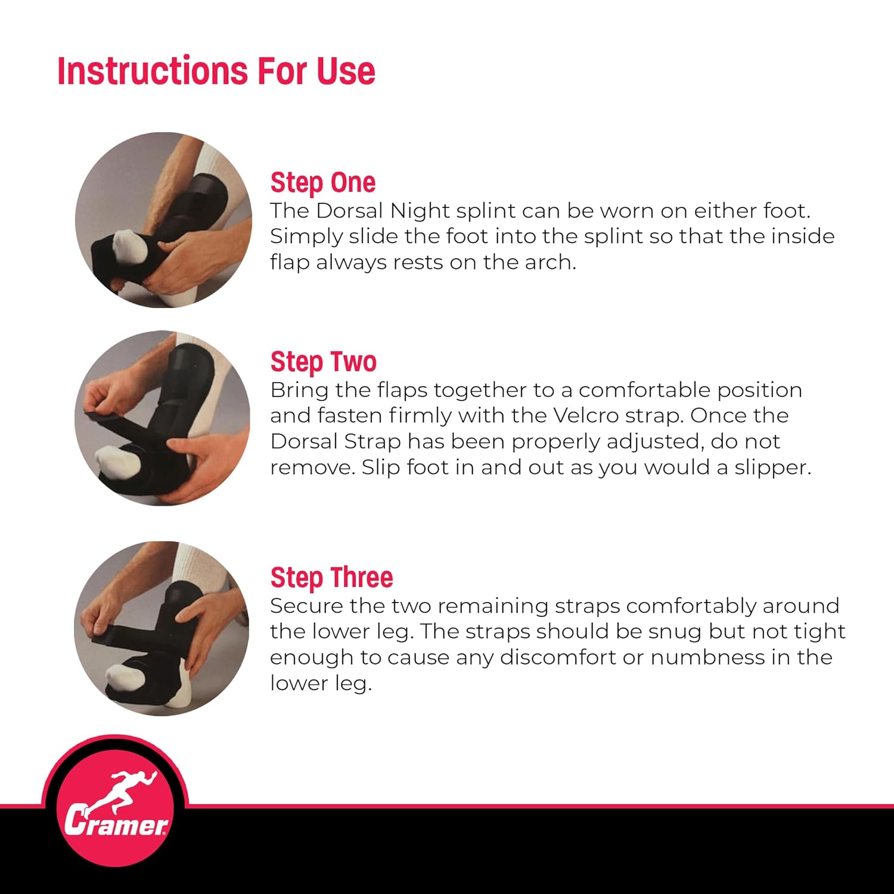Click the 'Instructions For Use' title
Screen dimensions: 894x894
pos(216,71)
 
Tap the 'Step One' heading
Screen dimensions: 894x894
pos(322,182)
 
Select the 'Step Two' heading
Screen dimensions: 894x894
pos(323,362)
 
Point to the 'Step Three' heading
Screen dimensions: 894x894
pos(331,578)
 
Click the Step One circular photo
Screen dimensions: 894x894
pos(163,220)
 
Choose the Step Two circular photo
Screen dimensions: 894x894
pos(162,418)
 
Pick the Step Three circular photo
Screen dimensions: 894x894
pos(162,628)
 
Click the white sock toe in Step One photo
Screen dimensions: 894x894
pos(130,246)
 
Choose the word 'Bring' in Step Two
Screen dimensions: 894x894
pos(300,390)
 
